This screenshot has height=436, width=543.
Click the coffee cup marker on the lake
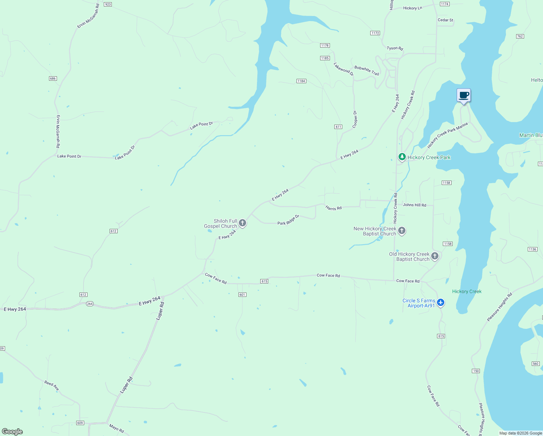pyautogui.click(x=464, y=96)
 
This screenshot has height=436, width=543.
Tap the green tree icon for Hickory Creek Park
pyautogui.click(x=402, y=157)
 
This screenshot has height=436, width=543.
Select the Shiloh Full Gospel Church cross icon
pyautogui.click(x=242, y=223)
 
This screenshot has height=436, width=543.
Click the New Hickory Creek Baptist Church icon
pyautogui.click(x=402, y=230)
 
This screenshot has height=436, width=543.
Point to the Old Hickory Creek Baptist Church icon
pyautogui.click(x=435, y=256)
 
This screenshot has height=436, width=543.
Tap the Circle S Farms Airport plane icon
pyautogui.click(x=441, y=302)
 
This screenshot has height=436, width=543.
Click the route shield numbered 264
pyautogui.click(x=90, y=304)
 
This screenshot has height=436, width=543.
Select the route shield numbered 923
pyautogui.click(x=107, y=4)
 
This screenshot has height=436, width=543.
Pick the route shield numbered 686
pyautogui.click(x=53, y=78)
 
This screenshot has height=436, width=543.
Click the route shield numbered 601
pyautogui.click(x=242, y=295)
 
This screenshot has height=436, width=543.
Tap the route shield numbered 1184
pyautogui.click(x=301, y=81)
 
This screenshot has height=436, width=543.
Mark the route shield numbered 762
pyautogui.click(x=520, y=36)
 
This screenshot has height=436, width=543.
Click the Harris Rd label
pyautogui.click(x=333, y=208)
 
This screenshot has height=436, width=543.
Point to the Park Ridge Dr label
pyautogui.click(x=288, y=220)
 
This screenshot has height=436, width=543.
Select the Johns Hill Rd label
pyautogui.click(x=415, y=205)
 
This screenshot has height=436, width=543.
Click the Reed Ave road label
pyautogui.click(x=52, y=385)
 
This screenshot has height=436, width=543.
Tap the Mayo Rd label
pyautogui.click(x=117, y=428)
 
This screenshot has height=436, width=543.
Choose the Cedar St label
pyautogui.click(x=445, y=20)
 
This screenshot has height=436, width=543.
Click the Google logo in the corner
pyautogui.click(x=12, y=432)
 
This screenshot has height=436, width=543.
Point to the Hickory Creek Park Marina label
pyautogui.click(x=447, y=136)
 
